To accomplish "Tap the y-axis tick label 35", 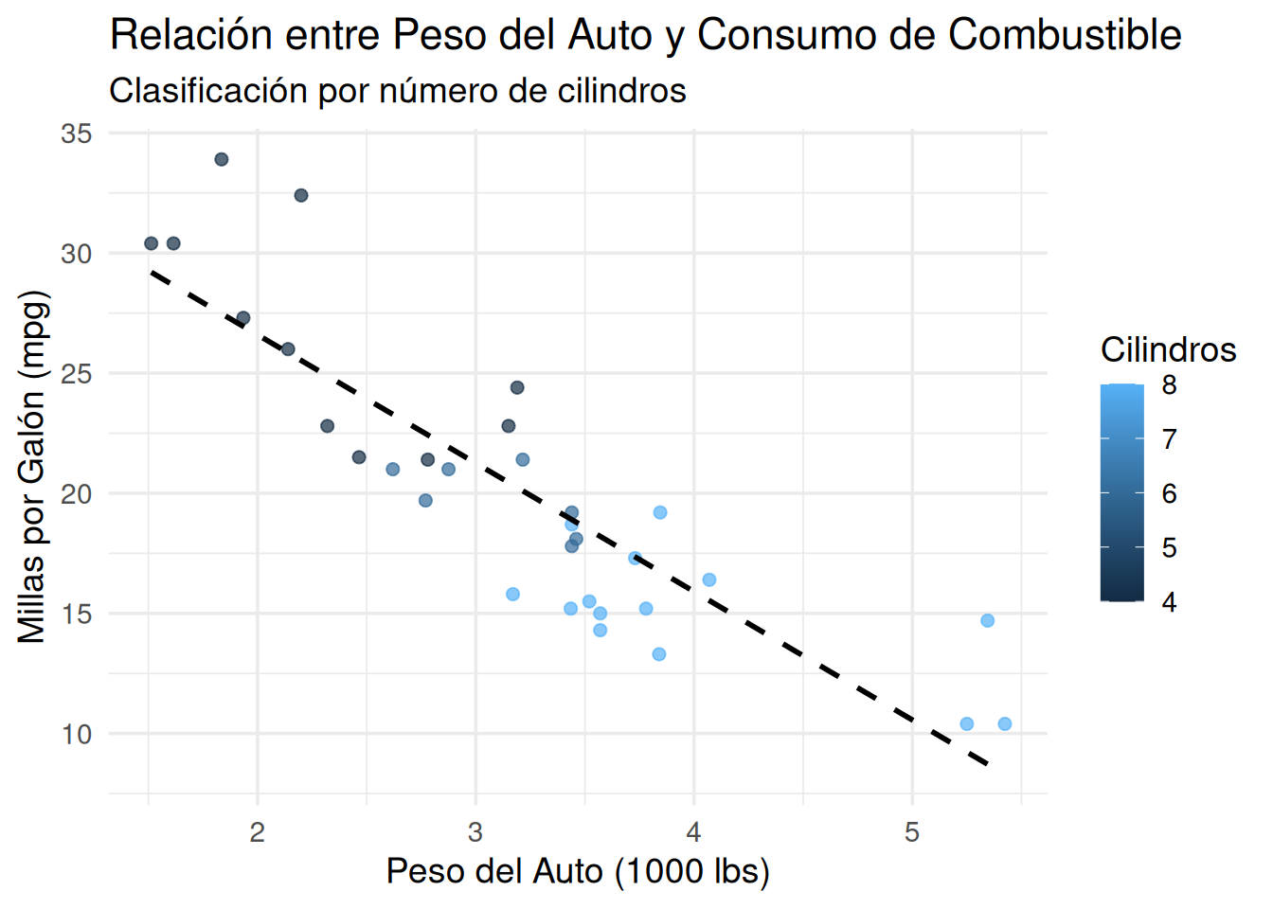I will coord(77,134).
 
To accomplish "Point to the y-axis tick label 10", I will coord(77,734).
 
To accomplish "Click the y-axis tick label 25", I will coord(77,374).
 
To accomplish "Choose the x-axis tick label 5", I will coord(912,832).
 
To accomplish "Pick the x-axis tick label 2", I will coord(257,832).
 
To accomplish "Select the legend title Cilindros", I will coord(1168,350).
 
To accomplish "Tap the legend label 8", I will coord(1170,385).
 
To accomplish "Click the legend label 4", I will coord(1170,602).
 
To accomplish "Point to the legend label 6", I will coord(1170,493).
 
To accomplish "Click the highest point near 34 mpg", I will coord(222,159).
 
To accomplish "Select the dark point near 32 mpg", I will coord(301,195).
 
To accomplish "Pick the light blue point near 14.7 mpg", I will coord(988,621).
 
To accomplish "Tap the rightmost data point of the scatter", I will coord(1005,724).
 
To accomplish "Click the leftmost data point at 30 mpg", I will coord(152,243).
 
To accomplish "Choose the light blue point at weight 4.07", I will coord(709,579).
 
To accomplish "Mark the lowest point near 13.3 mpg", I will coord(659,654).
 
